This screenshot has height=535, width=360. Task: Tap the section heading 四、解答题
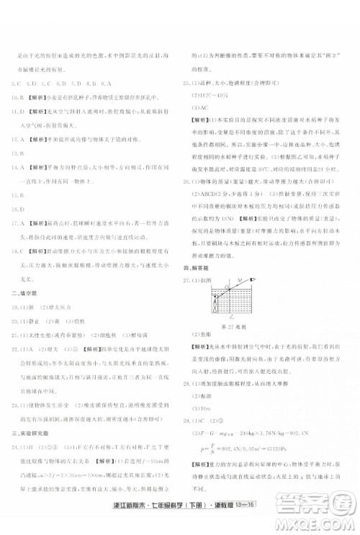[x=196, y=267]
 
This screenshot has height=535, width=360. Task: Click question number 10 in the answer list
[x=15, y=95]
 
